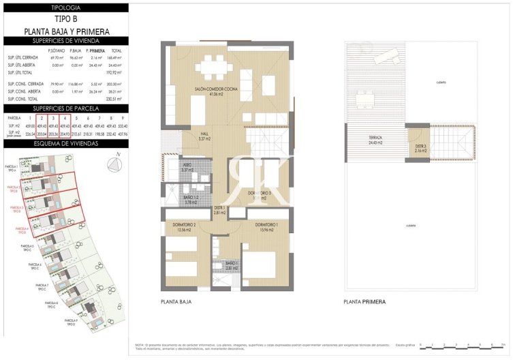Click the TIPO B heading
(x=65, y=19)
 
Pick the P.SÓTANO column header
(x=56, y=51)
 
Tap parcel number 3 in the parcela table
(x=53, y=118)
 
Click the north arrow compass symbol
(x=116, y=162)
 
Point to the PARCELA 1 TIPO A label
(x=12, y=168)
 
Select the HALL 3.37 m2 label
(x=204, y=136)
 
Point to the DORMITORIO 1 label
(x=270, y=227)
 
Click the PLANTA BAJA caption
(x=178, y=301)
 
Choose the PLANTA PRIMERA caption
(x=364, y=301)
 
